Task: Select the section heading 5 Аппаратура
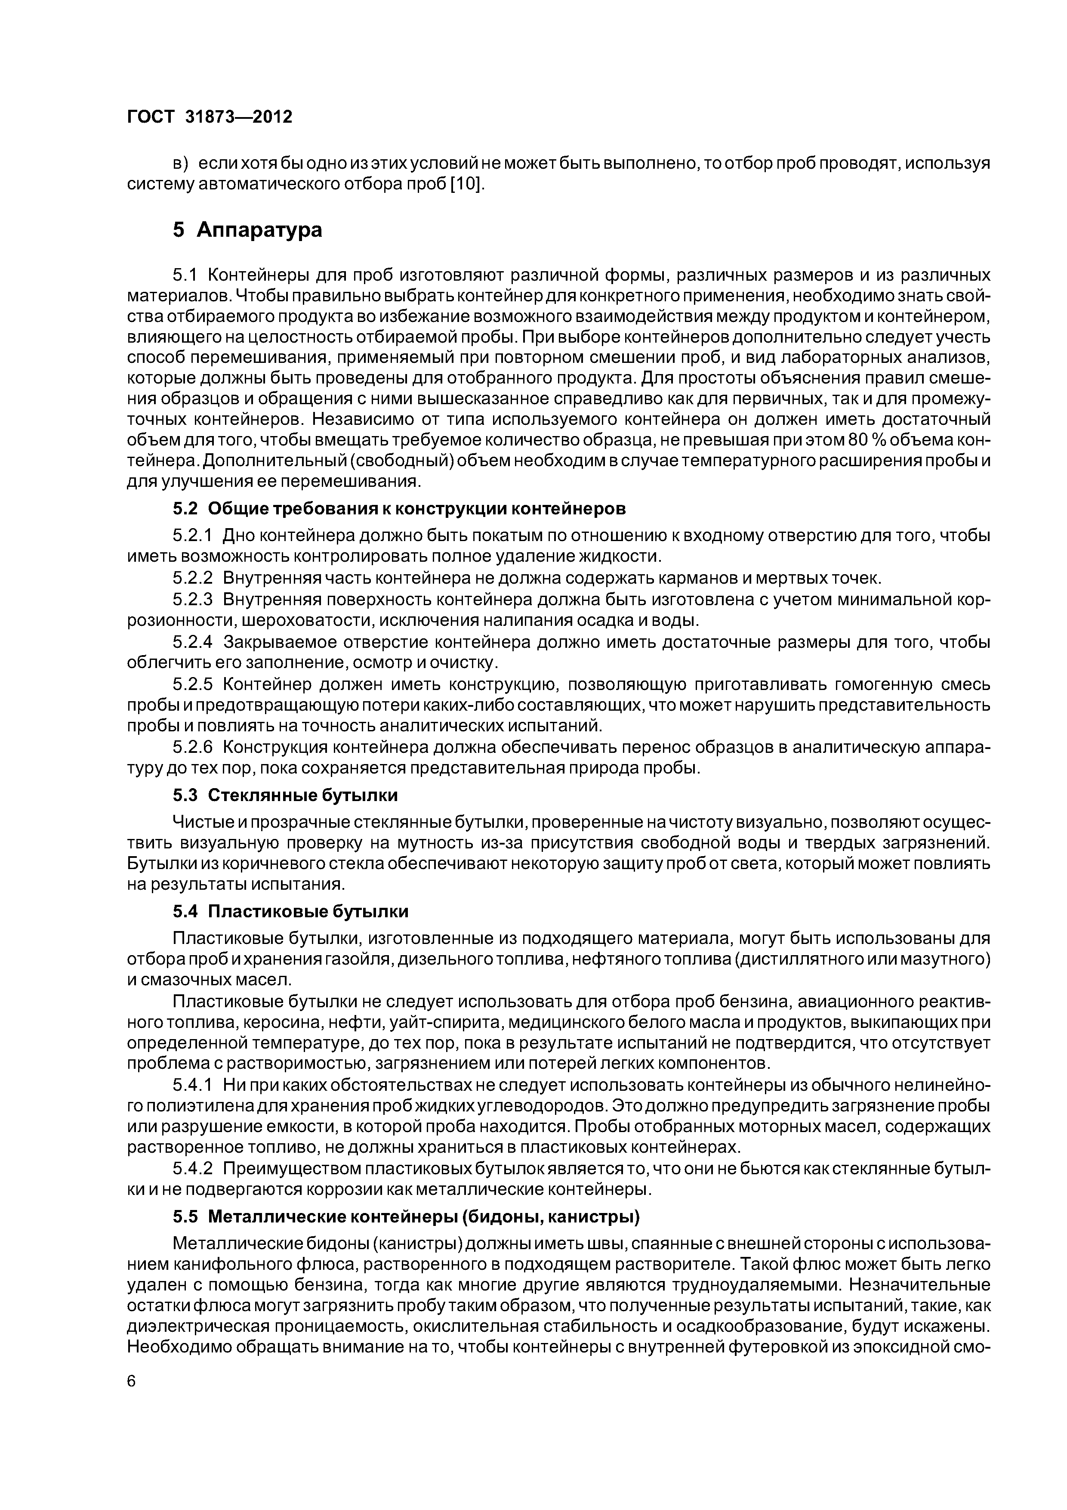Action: click(248, 230)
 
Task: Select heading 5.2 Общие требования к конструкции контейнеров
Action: click(399, 509)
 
